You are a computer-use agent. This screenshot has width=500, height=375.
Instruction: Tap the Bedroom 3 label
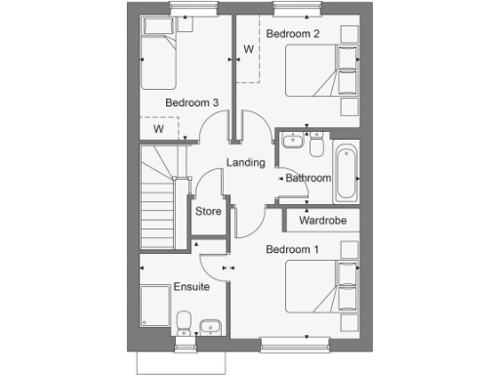[191, 103]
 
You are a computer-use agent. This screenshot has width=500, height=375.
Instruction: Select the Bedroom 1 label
[293, 250]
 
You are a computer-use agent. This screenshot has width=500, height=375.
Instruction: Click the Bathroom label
[309, 179]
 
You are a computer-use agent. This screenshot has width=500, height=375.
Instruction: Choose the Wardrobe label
[322, 221]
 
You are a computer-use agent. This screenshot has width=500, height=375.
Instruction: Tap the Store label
[208, 211]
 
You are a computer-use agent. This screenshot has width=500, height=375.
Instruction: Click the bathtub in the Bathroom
[346, 174]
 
